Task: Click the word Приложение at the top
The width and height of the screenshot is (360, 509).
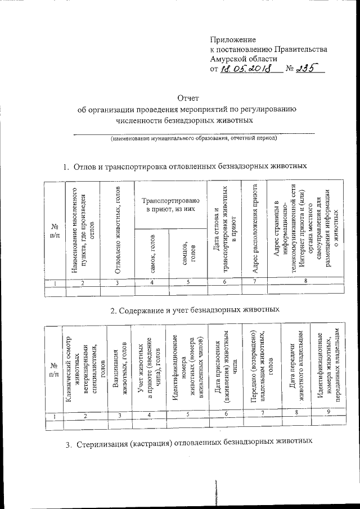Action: coord(232,40)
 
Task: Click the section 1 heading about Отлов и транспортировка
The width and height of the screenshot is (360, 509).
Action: coord(184,166)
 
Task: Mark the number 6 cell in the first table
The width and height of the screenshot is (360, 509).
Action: coord(224,281)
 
